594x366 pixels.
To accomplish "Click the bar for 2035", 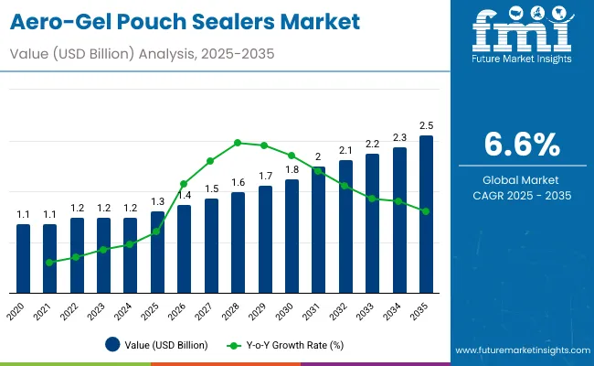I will pos(426,214).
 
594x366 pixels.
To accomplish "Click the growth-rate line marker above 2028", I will pos(238,143).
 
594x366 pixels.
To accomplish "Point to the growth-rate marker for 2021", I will pos(49,263).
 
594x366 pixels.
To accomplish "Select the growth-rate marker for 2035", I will pos(426,211).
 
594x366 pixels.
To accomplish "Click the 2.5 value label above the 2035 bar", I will pos(426,124).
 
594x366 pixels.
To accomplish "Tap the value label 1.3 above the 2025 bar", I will pos(157,201).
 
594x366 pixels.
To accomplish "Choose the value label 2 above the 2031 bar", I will pos(318,156).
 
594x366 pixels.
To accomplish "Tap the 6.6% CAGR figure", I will pos(520,145).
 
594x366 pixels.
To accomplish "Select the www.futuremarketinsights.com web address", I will pos(518,350).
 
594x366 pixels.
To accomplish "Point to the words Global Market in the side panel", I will pos(520,179).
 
